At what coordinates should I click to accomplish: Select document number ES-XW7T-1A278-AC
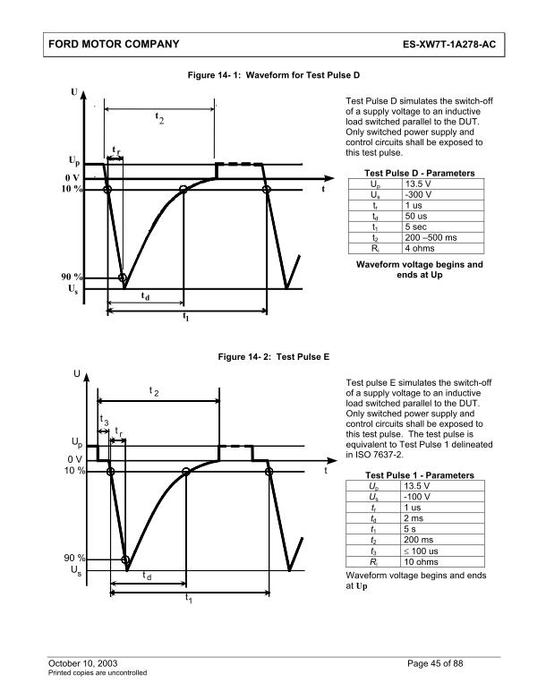click(x=448, y=44)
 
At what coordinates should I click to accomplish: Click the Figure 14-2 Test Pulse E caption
click(x=273, y=356)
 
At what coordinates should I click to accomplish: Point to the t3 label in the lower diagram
click(x=104, y=420)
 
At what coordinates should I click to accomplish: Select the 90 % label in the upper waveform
click(x=73, y=278)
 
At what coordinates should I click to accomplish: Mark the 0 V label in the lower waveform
click(x=74, y=458)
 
